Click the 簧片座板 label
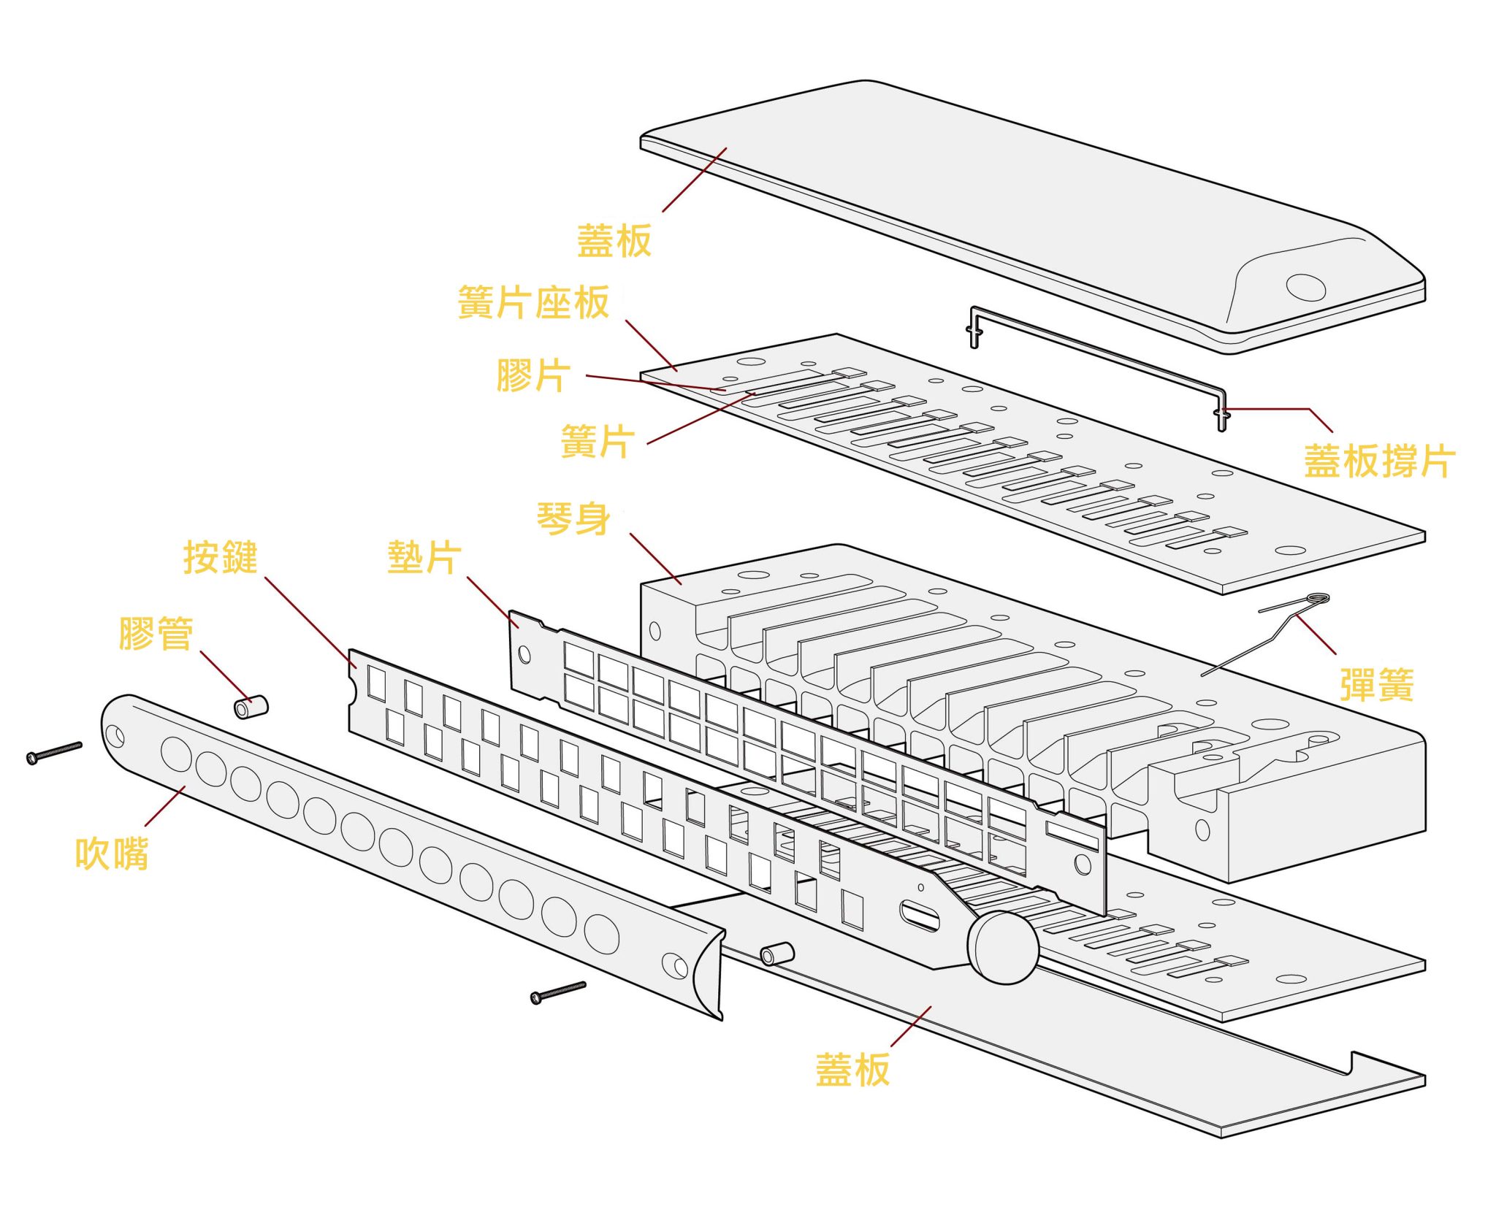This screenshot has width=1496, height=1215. pos(533,302)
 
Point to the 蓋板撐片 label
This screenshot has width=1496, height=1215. pos(1379,461)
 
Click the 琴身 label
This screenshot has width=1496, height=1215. pos(573,519)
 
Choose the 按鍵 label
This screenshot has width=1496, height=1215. pos(220,558)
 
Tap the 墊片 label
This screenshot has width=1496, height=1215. pos(424,558)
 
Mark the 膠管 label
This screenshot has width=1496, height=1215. pos(156,633)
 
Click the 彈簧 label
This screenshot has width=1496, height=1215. pos(1376,684)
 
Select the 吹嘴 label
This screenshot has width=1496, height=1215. pos(112,853)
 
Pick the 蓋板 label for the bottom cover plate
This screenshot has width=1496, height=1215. pos(852,1070)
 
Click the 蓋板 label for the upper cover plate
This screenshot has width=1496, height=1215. pos(614,241)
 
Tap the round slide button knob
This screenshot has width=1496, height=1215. pos(1002,947)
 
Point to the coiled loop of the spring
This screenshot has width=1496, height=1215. pos(1318,599)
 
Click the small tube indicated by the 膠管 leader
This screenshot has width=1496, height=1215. pos(251,707)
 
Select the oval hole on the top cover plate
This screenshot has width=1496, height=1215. pos(1305,287)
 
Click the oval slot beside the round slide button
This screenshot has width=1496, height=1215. pos(920,916)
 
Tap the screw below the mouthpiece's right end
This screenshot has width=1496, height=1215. pos(558,992)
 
